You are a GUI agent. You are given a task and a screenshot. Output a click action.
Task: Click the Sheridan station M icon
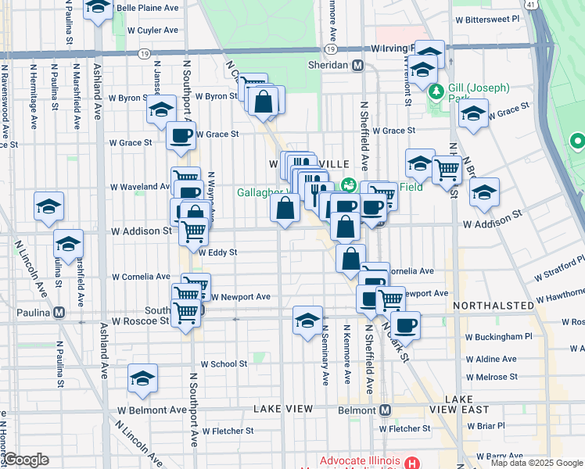click(x=357, y=66)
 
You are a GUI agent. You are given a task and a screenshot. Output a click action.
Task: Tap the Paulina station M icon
click(x=58, y=313)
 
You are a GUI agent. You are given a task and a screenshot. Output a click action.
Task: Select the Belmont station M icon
click(x=385, y=410)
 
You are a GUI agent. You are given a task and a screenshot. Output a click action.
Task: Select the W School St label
click(x=224, y=364)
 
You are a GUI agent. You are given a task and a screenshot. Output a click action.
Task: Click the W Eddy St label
click(x=217, y=252)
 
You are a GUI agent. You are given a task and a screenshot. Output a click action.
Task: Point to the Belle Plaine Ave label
click(x=147, y=9)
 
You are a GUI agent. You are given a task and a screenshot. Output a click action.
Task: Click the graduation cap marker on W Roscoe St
click(x=308, y=320)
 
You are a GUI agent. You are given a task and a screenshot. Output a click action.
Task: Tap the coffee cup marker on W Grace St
click(x=181, y=136)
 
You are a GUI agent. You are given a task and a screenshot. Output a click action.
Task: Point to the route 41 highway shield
click(x=531, y=5)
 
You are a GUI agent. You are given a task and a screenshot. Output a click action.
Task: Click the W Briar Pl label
click(x=486, y=426)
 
